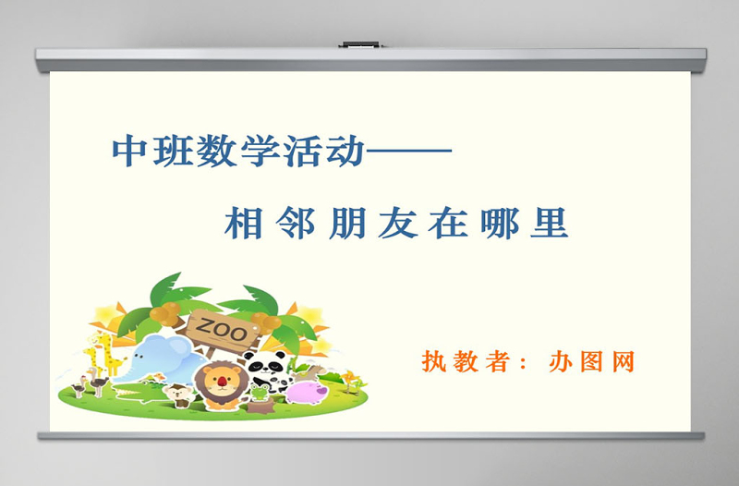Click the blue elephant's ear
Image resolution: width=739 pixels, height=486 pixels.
tap(176, 351)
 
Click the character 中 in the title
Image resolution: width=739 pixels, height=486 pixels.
tap(129, 152)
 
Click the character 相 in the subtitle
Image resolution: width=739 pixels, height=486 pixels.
tap(245, 223)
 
